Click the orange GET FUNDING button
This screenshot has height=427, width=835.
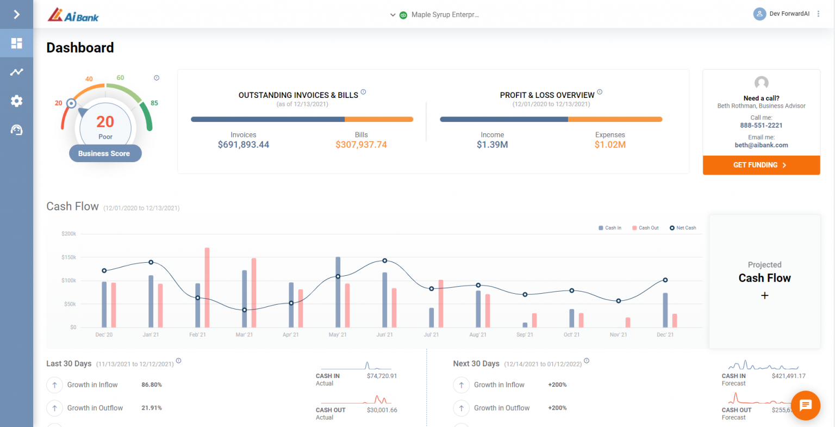761,165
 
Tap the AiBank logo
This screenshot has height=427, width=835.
73,15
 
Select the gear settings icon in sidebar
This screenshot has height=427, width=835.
16,101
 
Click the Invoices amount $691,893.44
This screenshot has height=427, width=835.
243,145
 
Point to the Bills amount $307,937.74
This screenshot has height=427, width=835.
361,145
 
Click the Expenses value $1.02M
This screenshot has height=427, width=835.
610,145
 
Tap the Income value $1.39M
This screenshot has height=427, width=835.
492,145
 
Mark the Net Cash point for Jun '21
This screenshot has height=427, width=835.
385,261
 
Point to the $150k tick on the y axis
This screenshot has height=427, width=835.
69,257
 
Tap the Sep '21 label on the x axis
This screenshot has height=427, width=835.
525,335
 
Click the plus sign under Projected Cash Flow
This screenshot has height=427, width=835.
764,295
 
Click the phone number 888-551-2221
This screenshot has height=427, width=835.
761,125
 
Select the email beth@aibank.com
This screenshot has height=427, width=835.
761,145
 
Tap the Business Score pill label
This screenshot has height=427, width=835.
104,153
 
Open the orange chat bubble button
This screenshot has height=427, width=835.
805,405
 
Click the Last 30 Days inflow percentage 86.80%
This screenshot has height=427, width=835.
152,385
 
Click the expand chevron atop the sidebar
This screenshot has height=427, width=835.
16,14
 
